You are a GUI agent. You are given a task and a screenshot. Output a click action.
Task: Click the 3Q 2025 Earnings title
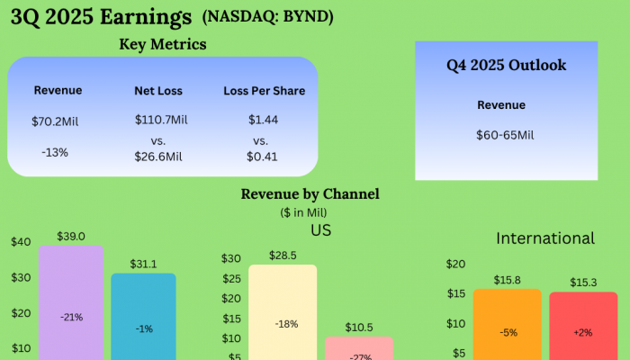pyautogui.click(x=101, y=16)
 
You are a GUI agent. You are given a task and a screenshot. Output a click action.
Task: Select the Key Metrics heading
pyautogui.click(x=163, y=45)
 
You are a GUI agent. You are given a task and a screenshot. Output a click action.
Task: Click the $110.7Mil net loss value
pyautogui.click(x=161, y=120)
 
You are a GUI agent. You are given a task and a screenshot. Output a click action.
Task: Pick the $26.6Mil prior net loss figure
pyautogui.click(x=161, y=157)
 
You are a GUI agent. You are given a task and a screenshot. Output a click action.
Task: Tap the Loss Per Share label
pyautogui.click(x=264, y=91)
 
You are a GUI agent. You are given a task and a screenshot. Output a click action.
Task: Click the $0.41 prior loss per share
pyautogui.click(x=263, y=157)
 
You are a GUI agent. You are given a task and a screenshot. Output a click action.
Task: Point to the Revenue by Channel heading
pyautogui.click(x=310, y=193)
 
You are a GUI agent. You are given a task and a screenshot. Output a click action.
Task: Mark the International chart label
pyautogui.click(x=545, y=238)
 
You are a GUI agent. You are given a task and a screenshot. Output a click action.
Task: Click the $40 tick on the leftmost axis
pyautogui.click(x=21, y=242)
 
